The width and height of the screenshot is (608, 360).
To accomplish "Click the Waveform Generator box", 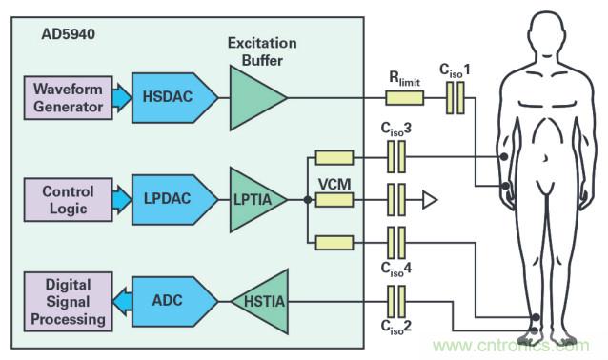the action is click(x=69, y=98).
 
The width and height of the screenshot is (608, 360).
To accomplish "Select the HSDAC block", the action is click(x=174, y=98).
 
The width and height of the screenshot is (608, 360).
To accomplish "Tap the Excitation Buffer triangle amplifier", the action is click(x=258, y=98).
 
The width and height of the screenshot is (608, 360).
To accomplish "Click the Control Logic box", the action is click(x=69, y=200).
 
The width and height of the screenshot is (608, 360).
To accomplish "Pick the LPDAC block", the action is click(x=174, y=200).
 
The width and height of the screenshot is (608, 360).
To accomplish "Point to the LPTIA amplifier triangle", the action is click(x=258, y=200).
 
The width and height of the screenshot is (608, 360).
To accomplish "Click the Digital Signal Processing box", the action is click(x=69, y=302).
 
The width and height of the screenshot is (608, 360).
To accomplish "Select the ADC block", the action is click(x=174, y=302).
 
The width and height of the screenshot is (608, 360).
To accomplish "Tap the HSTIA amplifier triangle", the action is click(x=260, y=302).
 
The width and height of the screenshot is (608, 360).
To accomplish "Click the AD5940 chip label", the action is click(x=68, y=34).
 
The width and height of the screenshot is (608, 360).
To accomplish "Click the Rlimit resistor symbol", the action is click(x=404, y=98).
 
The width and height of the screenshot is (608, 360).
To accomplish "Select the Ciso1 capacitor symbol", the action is click(x=456, y=98).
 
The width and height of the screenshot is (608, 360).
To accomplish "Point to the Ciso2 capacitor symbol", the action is click(x=396, y=302).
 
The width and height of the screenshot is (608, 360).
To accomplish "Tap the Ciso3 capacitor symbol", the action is click(x=396, y=156).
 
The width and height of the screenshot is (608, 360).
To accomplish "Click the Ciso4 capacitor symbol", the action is click(x=396, y=243).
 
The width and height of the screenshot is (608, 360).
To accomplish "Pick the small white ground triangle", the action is click(x=429, y=200).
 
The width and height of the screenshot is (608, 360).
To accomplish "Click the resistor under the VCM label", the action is click(x=334, y=200).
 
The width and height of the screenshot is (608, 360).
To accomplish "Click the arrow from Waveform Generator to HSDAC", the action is click(x=122, y=98).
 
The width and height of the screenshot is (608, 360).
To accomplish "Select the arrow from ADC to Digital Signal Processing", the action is click(x=122, y=302).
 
